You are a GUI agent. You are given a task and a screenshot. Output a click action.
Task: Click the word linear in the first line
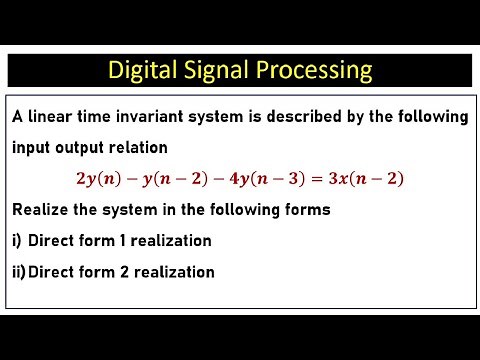pyautogui.click(x=53, y=117)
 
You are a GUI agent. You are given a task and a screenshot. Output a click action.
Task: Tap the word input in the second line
pyautogui.click(x=33, y=147)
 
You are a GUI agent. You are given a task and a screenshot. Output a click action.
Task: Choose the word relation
pyautogui.click(x=135, y=147)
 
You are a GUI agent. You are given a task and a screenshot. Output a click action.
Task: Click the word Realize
pyautogui.click(x=42, y=210)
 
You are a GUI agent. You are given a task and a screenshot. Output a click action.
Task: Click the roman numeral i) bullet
pyautogui.click(x=17, y=241)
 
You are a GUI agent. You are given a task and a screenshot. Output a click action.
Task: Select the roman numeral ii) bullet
pyautogui.click(x=19, y=271)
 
